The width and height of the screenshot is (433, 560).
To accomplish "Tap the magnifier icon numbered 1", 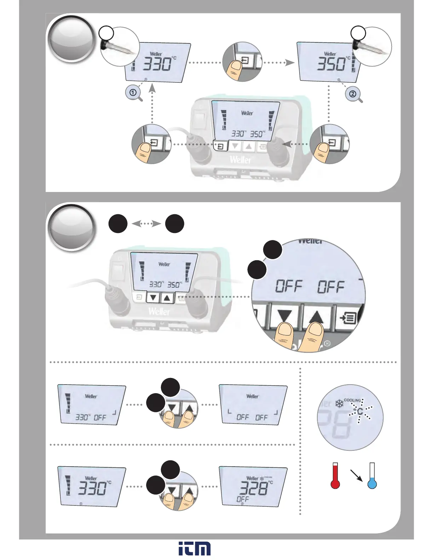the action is pyautogui.click(x=133, y=93).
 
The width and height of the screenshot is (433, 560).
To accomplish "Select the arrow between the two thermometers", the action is pyautogui.click(x=356, y=475).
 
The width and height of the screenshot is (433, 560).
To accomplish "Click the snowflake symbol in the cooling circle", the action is pyautogui.click(x=339, y=403).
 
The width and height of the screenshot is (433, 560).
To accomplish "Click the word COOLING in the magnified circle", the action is pyautogui.click(x=352, y=401).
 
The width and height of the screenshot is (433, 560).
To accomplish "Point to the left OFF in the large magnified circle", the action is pyautogui.click(x=289, y=286).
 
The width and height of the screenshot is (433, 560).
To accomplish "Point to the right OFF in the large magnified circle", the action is pyautogui.click(x=330, y=287).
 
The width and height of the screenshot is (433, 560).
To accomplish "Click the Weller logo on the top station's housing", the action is pyautogui.click(x=241, y=159).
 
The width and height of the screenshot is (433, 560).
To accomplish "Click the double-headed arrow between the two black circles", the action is pyautogui.click(x=146, y=223).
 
